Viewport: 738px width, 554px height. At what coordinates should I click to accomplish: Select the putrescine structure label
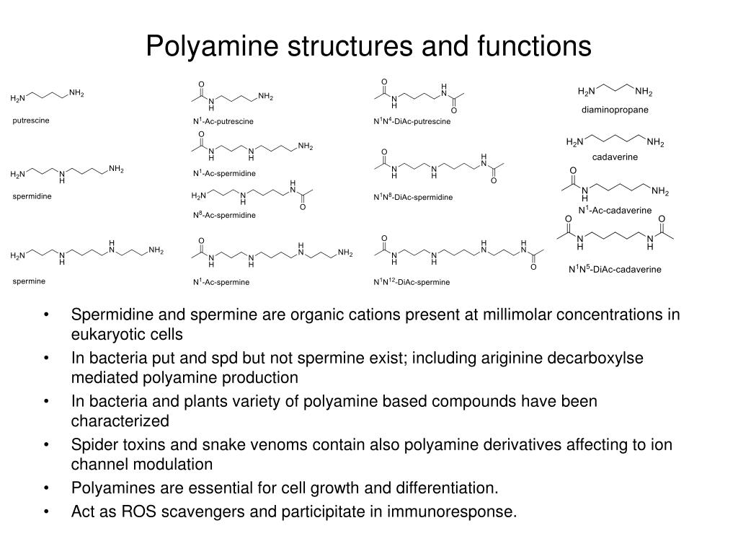31,120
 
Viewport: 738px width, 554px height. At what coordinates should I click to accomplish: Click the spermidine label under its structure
32,196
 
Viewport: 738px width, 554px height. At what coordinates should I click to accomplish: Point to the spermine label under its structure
29,281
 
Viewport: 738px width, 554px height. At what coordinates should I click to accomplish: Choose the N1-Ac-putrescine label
223,121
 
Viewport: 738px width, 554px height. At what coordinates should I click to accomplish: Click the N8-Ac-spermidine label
223,215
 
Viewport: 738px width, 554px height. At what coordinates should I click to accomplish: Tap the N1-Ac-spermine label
221,282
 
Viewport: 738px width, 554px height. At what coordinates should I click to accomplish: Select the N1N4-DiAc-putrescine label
412,121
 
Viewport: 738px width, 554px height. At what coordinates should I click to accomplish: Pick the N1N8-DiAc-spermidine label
413,197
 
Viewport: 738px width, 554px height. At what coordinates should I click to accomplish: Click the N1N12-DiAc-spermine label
411,282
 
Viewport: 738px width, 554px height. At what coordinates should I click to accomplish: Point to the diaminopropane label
615,110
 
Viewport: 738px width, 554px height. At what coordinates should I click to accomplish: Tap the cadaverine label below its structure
615,157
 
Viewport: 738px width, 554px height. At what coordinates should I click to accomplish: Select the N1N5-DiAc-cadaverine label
614,270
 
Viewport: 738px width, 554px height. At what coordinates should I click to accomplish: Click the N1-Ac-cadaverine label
615,210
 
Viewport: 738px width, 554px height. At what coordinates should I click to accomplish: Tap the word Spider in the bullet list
92,444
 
